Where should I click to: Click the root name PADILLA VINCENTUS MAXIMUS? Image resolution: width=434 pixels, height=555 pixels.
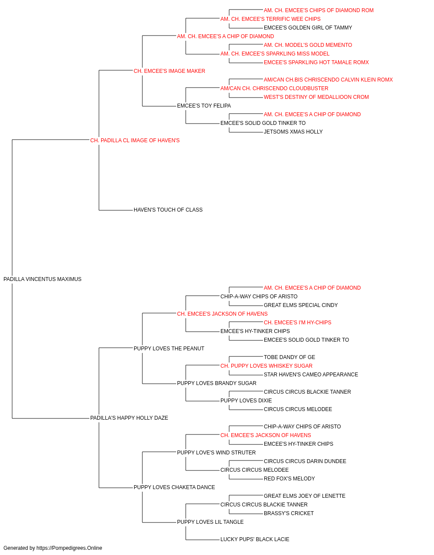pyautogui.click(x=43, y=279)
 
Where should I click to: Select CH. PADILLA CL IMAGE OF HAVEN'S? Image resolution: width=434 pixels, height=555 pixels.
pyautogui.click(x=135, y=140)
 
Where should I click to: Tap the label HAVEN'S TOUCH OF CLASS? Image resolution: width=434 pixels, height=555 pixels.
pyautogui.click(x=168, y=210)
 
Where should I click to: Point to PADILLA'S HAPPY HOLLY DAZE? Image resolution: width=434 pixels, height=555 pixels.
pyautogui.click(x=129, y=418)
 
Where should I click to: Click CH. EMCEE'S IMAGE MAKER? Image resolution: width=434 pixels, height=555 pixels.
pyautogui.click(x=169, y=71)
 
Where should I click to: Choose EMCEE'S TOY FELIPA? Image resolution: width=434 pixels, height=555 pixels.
pyautogui.click(x=204, y=106)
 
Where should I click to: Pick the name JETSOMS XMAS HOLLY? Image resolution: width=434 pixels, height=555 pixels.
pyautogui.click(x=293, y=132)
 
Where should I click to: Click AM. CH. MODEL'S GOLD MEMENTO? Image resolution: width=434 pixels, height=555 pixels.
pyautogui.click(x=308, y=45)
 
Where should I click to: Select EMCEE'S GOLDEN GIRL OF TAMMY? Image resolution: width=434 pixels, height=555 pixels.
pyautogui.click(x=308, y=28)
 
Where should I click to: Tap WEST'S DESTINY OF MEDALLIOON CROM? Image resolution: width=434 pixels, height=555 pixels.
pyautogui.click(x=316, y=97)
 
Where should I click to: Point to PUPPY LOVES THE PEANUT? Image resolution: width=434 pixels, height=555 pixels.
pyautogui.click(x=169, y=349)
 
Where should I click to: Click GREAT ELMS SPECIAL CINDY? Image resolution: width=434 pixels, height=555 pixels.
pyautogui.click(x=301, y=305)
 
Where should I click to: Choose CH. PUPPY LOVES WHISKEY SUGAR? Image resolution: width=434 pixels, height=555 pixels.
pyautogui.click(x=266, y=366)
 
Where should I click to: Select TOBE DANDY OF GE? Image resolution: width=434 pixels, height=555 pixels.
pyautogui.click(x=289, y=357)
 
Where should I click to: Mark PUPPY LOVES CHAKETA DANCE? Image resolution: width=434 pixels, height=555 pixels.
pyautogui.click(x=174, y=487)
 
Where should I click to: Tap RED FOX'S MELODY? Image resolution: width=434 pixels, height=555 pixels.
pyautogui.click(x=289, y=479)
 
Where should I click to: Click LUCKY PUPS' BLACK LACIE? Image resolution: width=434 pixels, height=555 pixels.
pyautogui.click(x=255, y=539)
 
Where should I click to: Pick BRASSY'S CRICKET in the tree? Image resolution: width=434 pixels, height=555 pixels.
pyautogui.click(x=289, y=513)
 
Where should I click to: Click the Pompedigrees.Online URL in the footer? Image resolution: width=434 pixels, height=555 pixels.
pyautogui.click(x=69, y=548)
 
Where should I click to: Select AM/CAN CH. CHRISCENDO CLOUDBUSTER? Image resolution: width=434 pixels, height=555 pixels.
pyautogui.click(x=274, y=88)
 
